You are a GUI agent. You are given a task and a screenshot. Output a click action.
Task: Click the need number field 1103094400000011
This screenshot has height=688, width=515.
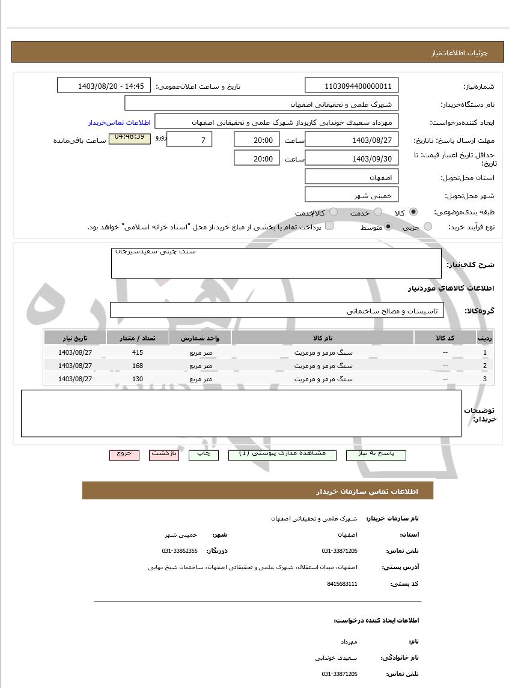click(352, 86)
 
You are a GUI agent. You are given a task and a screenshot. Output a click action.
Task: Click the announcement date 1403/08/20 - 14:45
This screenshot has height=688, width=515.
click(104, 86)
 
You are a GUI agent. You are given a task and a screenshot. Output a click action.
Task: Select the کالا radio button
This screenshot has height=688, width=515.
click(413, 212)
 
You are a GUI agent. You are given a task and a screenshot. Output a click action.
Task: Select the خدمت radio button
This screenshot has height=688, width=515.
click(378, 212)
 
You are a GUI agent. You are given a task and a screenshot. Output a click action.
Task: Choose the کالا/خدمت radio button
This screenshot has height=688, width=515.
click(334, 212)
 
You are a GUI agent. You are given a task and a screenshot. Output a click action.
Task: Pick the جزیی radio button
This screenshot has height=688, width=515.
click(428, 226)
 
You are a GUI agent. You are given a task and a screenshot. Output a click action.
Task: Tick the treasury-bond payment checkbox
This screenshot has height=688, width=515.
click(329, 226)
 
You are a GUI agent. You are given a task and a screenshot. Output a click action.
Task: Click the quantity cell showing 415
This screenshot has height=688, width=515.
click(138, 352)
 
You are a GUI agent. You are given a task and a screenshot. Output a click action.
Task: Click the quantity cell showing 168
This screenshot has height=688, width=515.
click(138, 366)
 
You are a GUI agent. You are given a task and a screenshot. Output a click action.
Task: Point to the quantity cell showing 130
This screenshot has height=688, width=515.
click(138, 379)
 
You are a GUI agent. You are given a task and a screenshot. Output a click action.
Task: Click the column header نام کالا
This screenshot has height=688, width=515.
click(323, 338)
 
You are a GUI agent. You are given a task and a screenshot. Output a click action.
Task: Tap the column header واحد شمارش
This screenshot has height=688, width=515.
click(200, 338)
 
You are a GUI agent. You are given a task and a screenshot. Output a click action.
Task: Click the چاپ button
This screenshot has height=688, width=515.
click(204, 454)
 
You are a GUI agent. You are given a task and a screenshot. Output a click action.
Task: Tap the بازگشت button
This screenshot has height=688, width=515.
click(164, 454)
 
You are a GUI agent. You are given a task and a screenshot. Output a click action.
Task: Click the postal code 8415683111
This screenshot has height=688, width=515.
click(343, 584)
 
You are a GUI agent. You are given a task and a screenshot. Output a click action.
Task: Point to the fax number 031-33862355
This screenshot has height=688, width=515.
click(180, 551)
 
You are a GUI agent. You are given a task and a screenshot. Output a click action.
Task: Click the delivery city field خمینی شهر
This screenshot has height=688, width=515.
click(352, 195)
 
